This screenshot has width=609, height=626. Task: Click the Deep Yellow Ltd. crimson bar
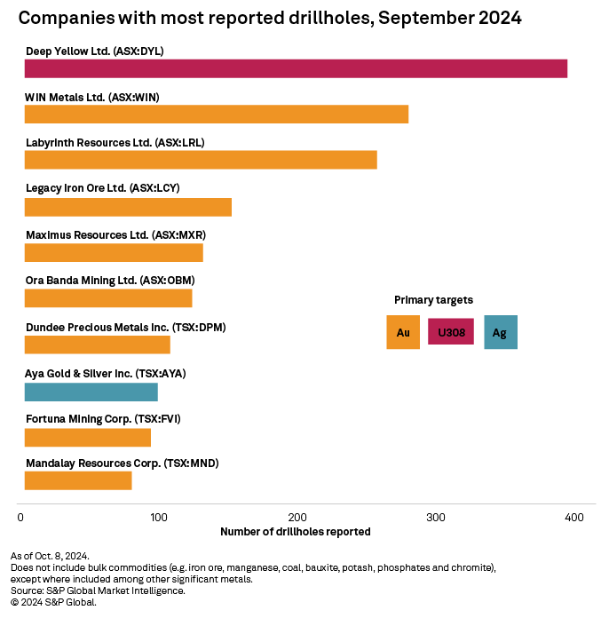click(x=296, y=68)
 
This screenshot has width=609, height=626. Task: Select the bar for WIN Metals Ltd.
click(x=217, y=115)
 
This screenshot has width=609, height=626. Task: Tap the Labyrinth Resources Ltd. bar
click(x=201, y=160)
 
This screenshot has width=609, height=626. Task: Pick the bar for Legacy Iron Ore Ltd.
click(x=128, y=207)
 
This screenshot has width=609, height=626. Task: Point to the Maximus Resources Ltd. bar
click(x=114, y=252)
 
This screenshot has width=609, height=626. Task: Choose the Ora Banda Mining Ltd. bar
click(x=108, y=298)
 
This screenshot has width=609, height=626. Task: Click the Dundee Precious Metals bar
click(x=98, y=345)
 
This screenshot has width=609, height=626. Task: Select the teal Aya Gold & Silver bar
click(x=91, y=392)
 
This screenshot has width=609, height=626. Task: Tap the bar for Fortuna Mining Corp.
click(x=88, y=437)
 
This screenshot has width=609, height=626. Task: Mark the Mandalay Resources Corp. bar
click(x=78, y=480)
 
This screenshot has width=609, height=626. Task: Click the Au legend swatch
click(x=403, y=332)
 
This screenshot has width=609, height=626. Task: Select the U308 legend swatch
click(x=451, y=332)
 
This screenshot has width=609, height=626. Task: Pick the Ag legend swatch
click(x=501, y=332)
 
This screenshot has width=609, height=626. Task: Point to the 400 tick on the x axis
click(x=573, y=517)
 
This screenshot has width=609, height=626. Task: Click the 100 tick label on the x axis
click(x=158, y=517)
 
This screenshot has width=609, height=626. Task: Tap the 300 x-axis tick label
click(x=435, y=517)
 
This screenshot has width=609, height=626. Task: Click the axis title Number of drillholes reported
click(x=295, y=531)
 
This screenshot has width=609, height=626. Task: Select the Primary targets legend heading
click(x=433, y=300)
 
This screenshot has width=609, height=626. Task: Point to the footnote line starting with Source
click(x=98, y=590)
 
